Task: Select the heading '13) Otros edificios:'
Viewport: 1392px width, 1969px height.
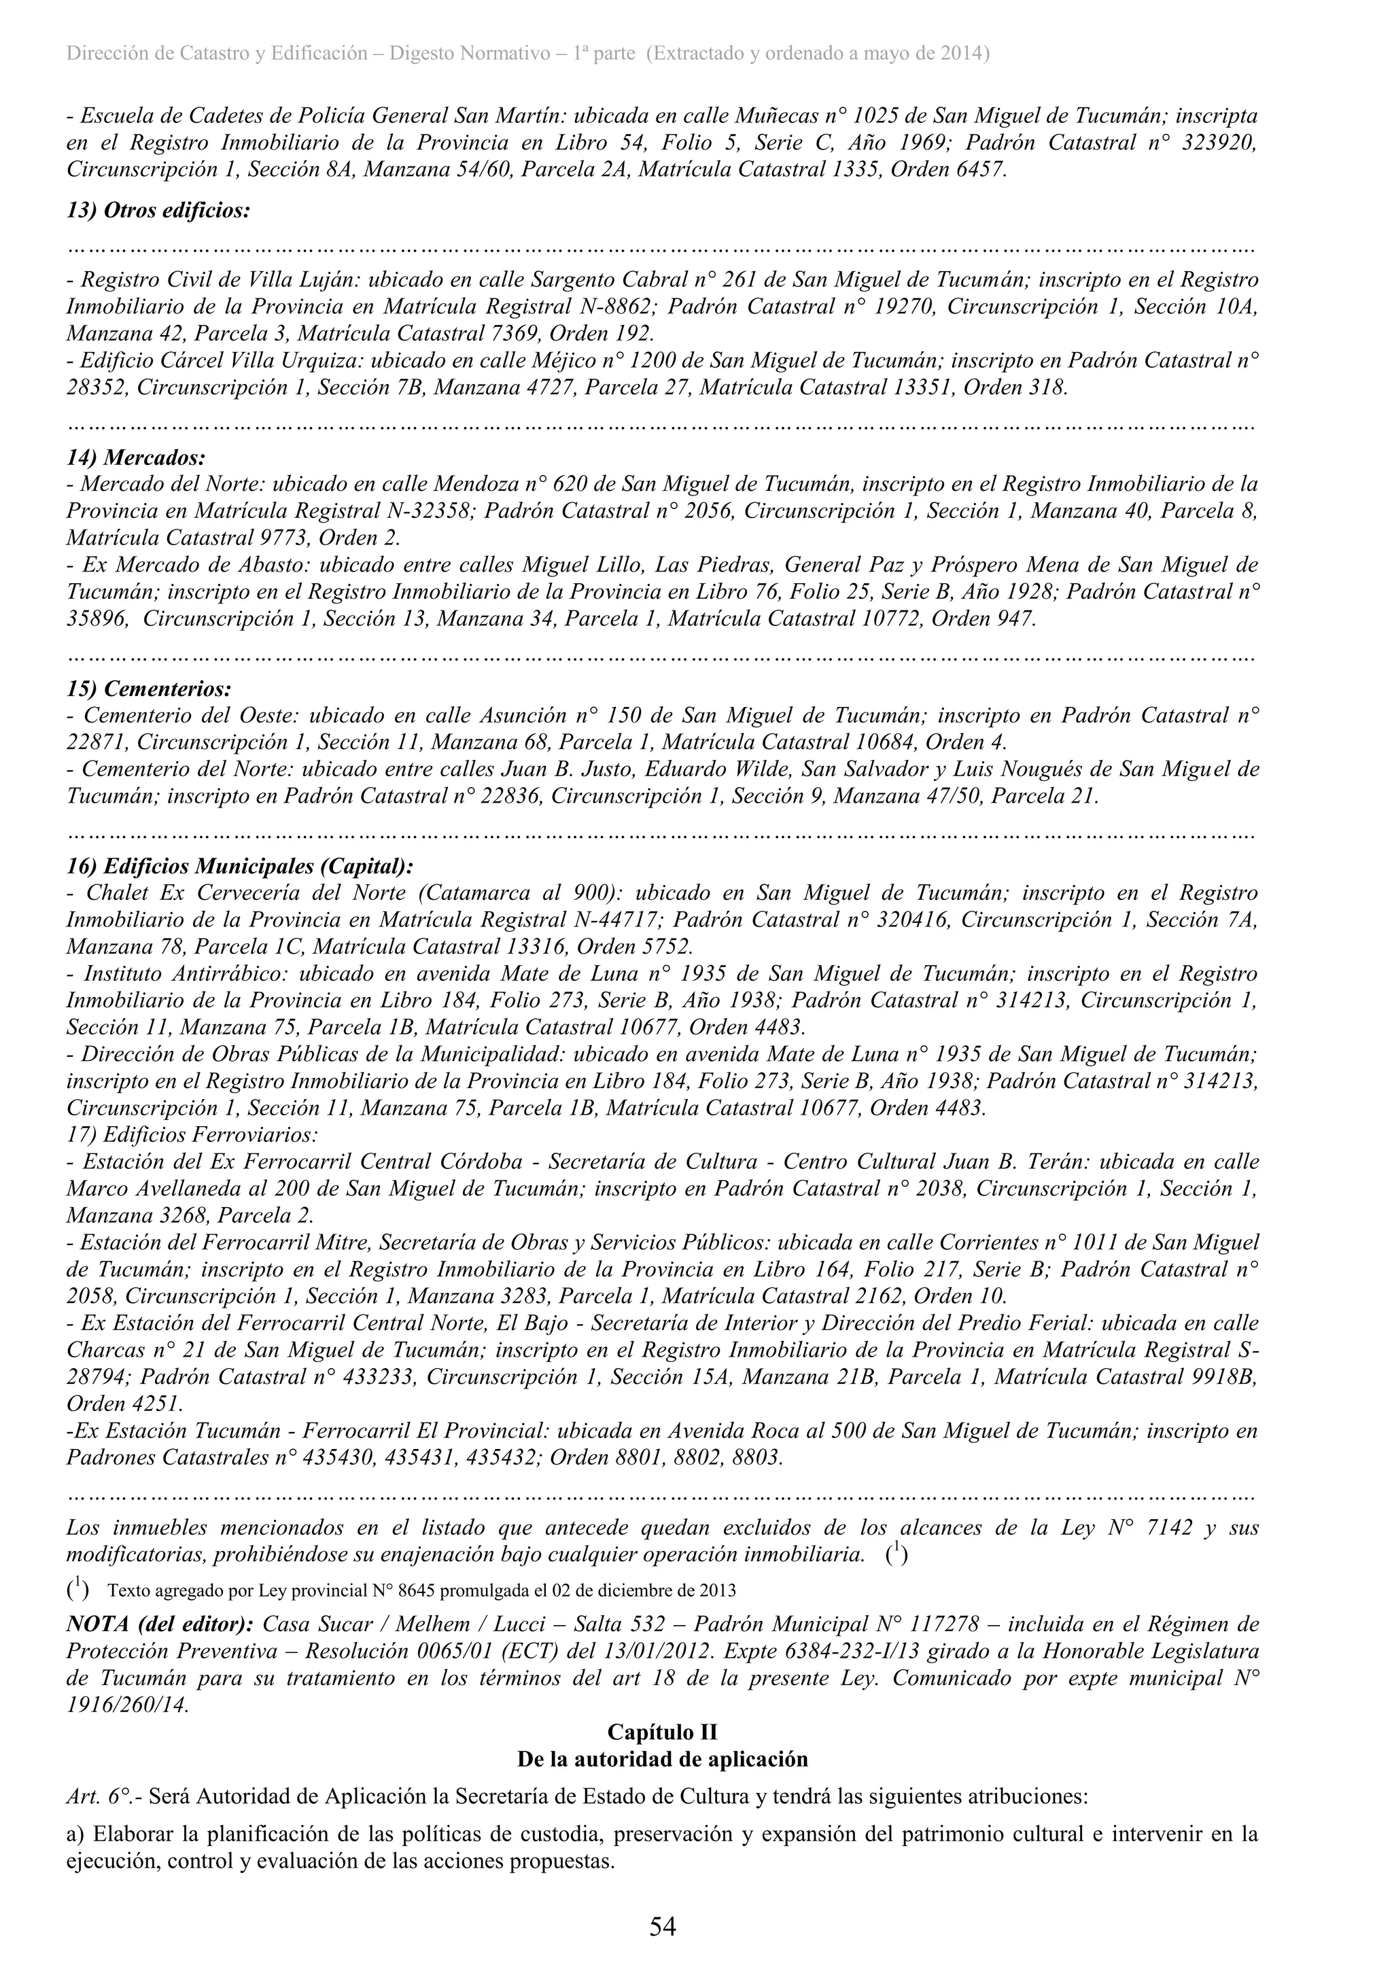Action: point(158,210)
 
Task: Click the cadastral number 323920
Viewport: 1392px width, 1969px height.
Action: point(1219,142)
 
